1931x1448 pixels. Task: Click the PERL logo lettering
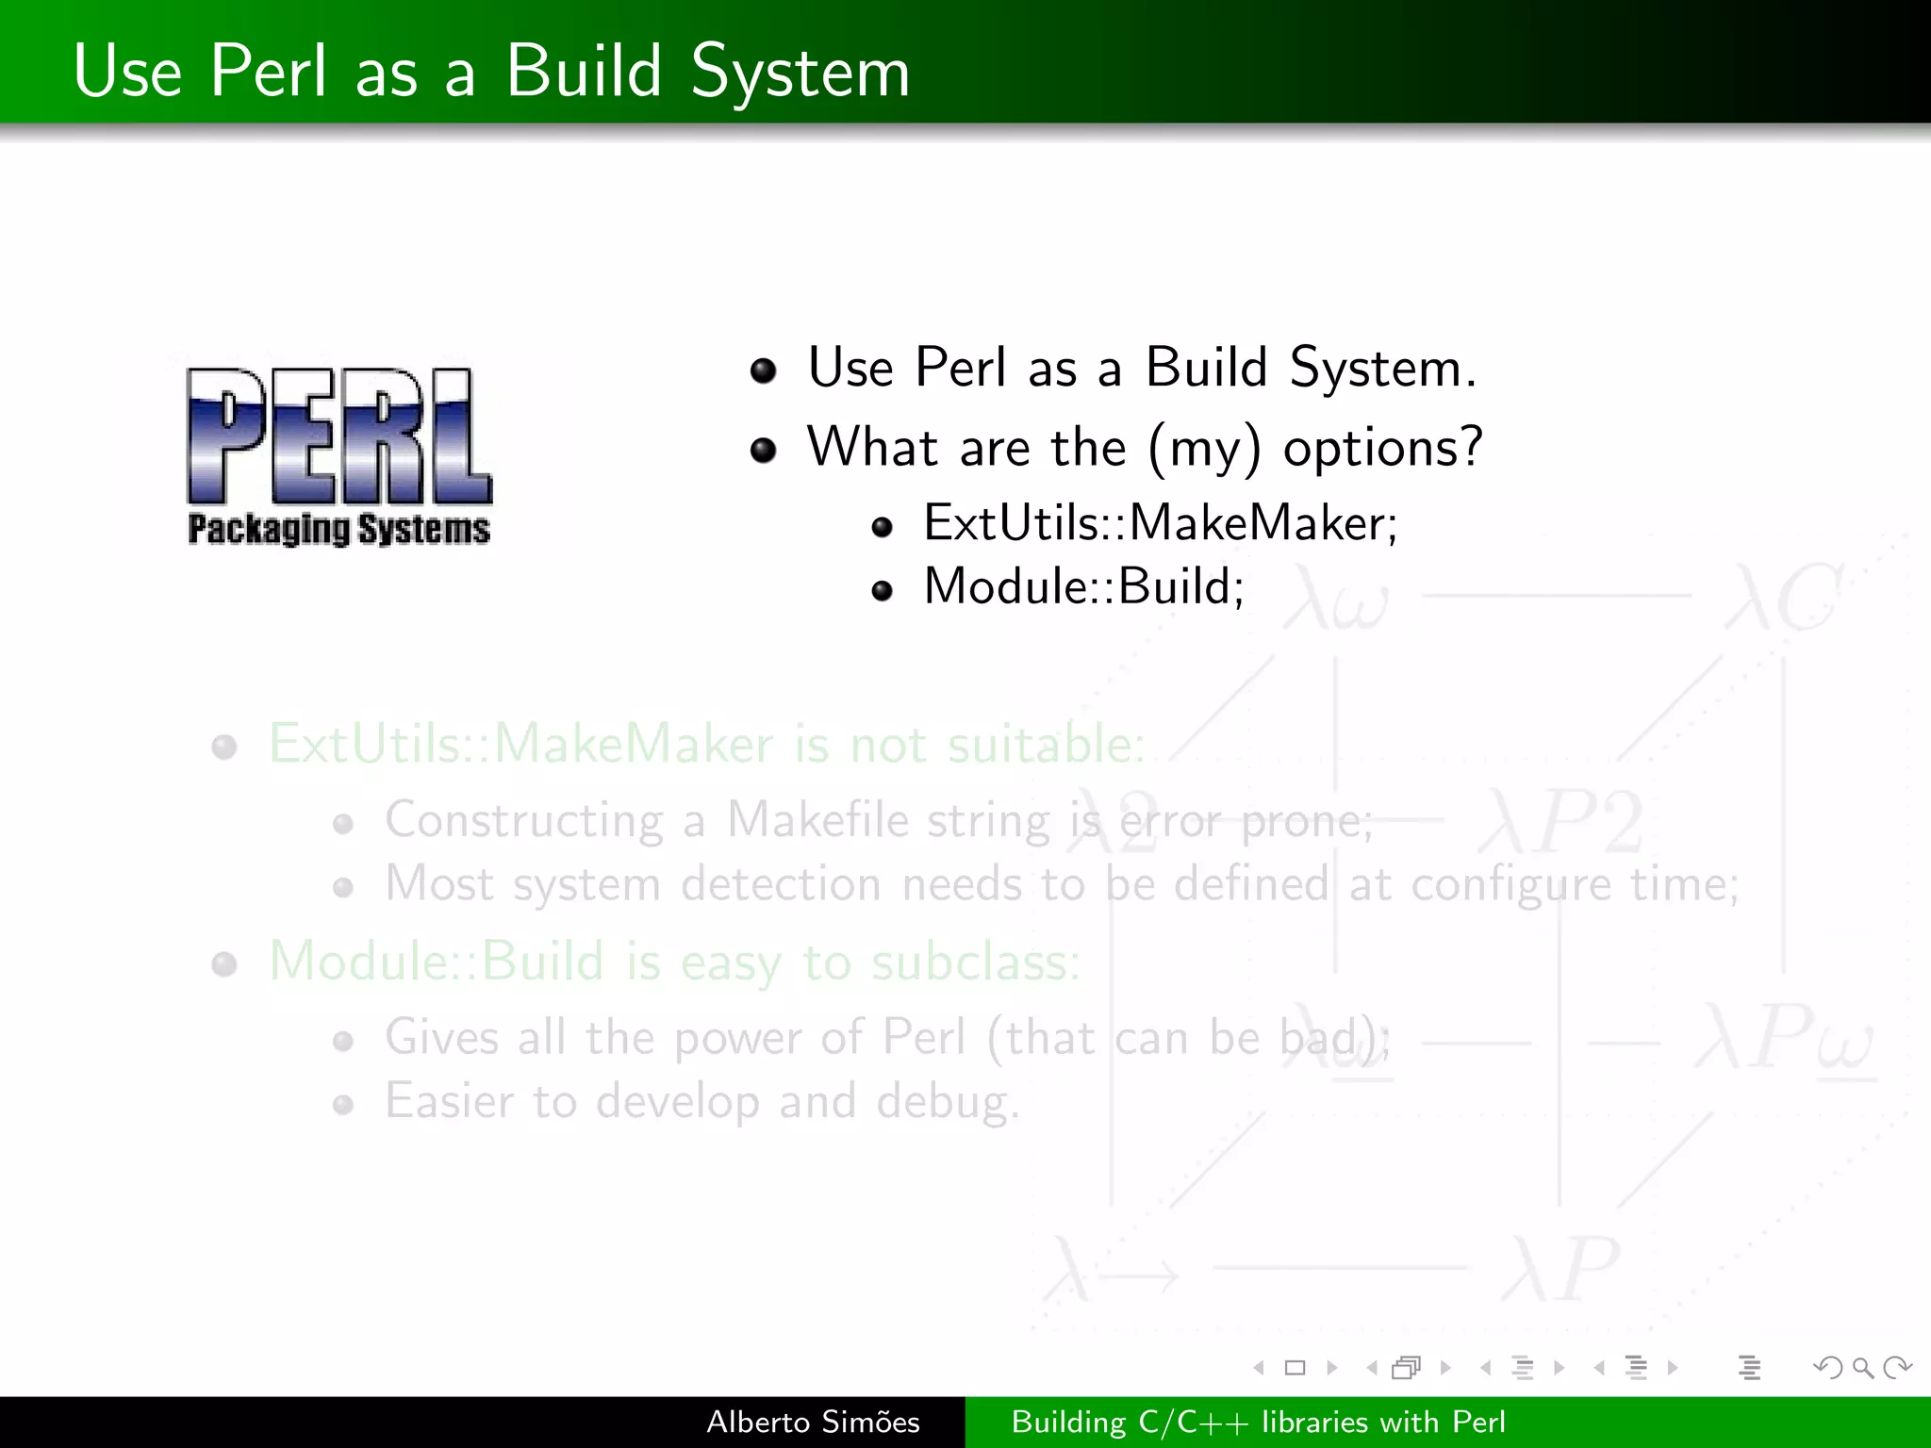pyautogui.click(x=339, y=436)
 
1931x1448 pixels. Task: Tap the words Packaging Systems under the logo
pyautogui.click(x=339, y=529)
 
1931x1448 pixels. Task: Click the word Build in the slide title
pyautogui.click(x=584, y=72)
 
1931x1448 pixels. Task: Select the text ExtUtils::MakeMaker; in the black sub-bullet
pyautogui.click(x=1160, y=523)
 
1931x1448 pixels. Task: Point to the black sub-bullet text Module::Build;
pyautogui.click(x=1083, y=587)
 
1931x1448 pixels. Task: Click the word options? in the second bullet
pyautogui.click(x=1382, y=447)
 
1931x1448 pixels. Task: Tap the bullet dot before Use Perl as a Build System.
pyautogui.click(x=763, y=370)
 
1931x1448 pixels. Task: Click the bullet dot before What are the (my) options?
pyautogui.click(x=763, y=451)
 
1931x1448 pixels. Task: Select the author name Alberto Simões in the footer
pyautogui.click(x=813, y=1422)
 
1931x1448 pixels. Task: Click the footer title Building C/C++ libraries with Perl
pyautogui.click(x=1258, y=1422)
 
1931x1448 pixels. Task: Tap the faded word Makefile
pyautogui.click(x=817, y=820)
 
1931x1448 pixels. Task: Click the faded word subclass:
pyautogui.click(x=975, y=963)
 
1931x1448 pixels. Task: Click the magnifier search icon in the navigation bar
pyautogui.click(x=1862, y=1367)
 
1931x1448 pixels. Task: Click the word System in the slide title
pyautogui.click(x=800, y=74)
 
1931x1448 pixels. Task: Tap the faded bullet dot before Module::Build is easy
pyautogui.click(x=224, y=964)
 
